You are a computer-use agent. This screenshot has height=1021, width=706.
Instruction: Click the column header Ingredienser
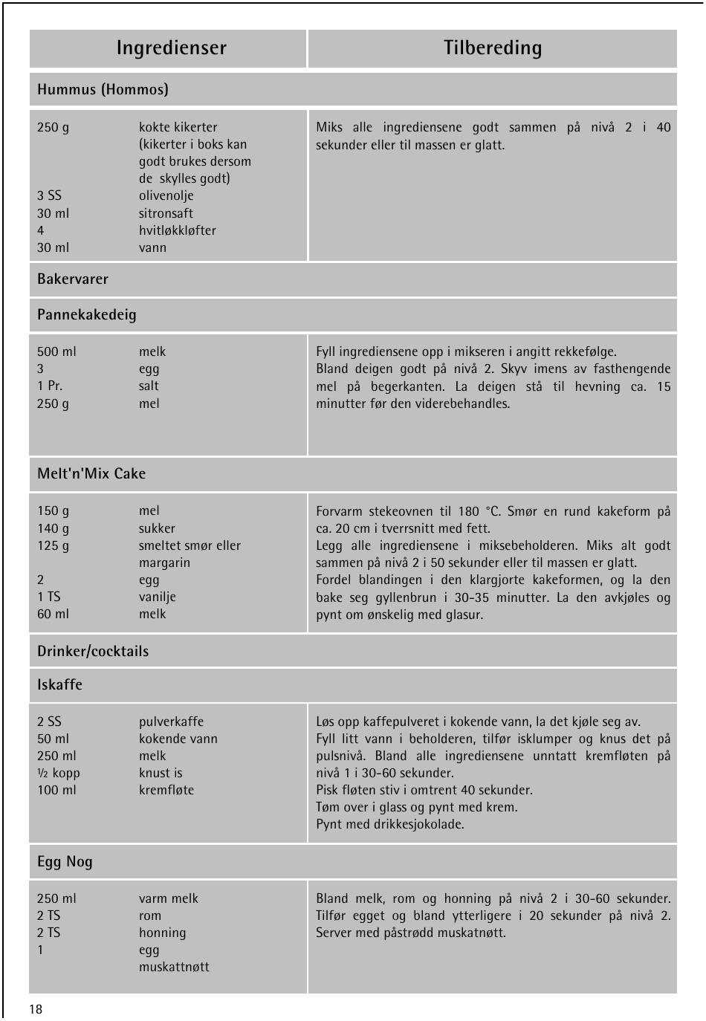click(x=171, y=48)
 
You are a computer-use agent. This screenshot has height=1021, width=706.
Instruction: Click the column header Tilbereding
click(x=493, y=48)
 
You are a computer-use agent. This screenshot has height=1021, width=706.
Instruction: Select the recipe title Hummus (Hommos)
click(x=103, y=90)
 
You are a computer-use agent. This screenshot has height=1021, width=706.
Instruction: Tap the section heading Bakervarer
click(x=73, y=279)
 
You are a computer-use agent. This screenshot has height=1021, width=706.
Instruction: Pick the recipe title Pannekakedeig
click(x=87, y=315)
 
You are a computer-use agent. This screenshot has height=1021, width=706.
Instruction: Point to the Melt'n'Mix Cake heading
click(x=91, y=474)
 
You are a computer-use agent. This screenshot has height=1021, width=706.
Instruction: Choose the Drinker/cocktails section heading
click(x=93, y=652)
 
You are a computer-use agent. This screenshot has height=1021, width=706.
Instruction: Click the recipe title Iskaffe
click(x=59, y=685)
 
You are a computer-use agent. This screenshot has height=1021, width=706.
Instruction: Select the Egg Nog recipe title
click(x=65, y=862)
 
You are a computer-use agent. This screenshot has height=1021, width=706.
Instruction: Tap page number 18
click(x=36, y=1009)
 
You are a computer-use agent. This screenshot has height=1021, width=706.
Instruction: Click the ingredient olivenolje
click(x=166, y=196)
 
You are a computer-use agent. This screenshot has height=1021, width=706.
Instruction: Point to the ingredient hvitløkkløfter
click(x=177, y=230)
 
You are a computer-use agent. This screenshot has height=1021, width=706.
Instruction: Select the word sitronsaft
click(x=166, y=213)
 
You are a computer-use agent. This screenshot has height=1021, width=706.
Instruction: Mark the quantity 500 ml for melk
click(x=56, y=352)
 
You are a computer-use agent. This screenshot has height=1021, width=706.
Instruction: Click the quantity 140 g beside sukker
click(x=53, y=528)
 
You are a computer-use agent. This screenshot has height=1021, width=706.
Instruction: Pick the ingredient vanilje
click(x=158, y=597)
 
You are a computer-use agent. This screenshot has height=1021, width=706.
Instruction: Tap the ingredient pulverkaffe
click(x=171, y=722)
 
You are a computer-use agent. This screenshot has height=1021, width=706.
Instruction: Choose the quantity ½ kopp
click(x=58, y=773)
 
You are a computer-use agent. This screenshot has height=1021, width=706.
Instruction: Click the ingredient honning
click(x=162, y=933)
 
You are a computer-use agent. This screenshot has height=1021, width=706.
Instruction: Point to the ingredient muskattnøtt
click(x=174, y=967)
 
